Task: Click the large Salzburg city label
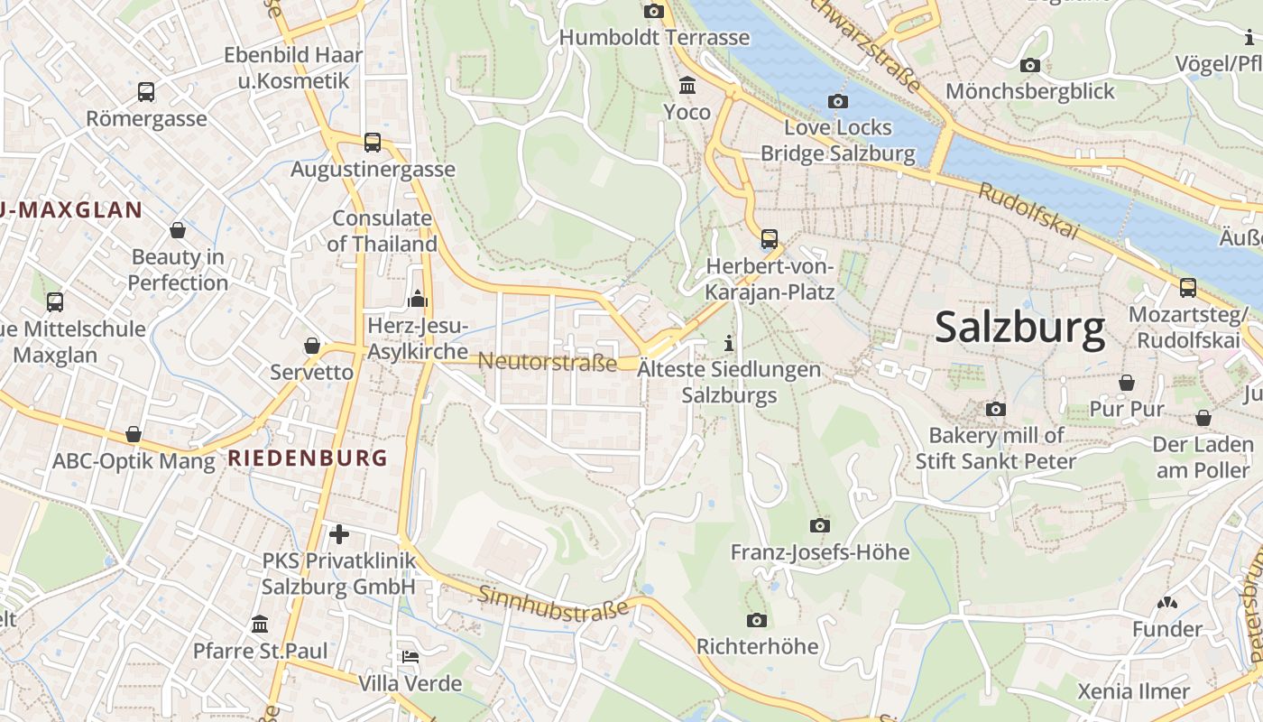(1019, 327)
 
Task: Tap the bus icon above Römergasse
(146, 91)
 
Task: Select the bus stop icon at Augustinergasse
(373, 142)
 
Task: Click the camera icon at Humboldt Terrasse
(654, 11)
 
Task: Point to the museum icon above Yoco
(687, 85)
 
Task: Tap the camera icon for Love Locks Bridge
(838, 101)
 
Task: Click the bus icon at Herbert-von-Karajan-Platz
(770, 239)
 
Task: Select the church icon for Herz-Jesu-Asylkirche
(418, 298)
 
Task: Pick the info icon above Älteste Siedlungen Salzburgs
(729, 343)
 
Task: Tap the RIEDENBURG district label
(308, 458)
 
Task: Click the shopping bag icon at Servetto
(312, 346)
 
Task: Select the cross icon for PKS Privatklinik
(339, 534)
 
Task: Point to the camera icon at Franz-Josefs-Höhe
(819, 525)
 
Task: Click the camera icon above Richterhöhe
(757, 620)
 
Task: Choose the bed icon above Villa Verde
(410, 657)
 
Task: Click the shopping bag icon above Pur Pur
(1127, 383)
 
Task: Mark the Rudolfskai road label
(1029, 210)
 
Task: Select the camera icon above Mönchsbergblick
(1029, 65)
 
